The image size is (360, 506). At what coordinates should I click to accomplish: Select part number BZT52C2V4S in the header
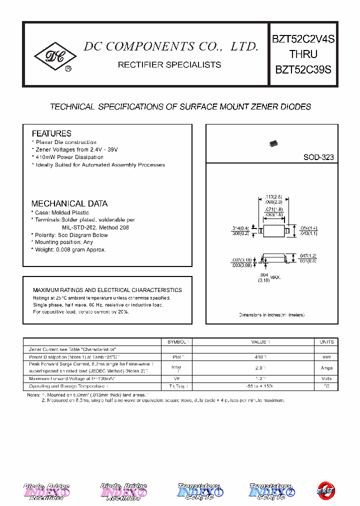point(303,38)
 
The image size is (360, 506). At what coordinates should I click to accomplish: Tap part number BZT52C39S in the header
point(303,70)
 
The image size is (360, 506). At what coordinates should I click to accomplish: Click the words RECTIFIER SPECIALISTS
point(169,65)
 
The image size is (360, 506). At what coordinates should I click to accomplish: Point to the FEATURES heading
point(51,133)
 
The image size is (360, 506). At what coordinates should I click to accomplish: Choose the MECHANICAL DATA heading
point(69,203)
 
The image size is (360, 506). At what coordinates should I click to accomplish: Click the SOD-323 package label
point(318,157)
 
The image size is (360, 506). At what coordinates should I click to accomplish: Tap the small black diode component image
point(273,143)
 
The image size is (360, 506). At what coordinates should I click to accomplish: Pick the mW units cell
point(326,357)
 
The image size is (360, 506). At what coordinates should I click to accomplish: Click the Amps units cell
point(326,368)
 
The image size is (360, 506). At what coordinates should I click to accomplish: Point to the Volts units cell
point(326,378)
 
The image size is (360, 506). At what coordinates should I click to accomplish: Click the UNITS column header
point(326,341)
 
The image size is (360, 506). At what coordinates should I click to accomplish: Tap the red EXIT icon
point(326,490)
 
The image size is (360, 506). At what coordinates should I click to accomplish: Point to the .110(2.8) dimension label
point(274,196)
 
